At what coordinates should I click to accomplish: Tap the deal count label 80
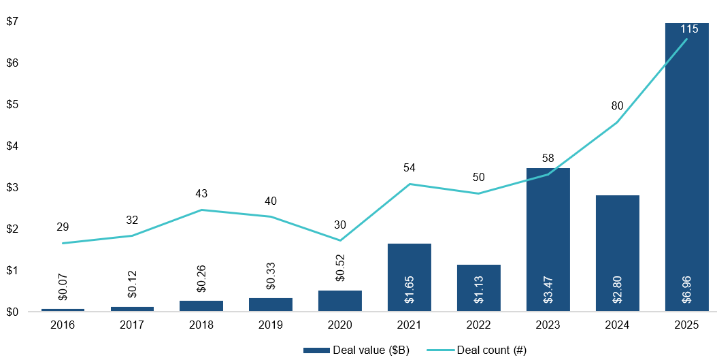(x=617, y=105)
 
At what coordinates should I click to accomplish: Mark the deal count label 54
(x=409, y=167)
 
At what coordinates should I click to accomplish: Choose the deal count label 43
(x=201, y=194)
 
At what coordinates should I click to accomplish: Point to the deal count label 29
(x=63, y=227)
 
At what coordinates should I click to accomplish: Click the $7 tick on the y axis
(x=12, y=21)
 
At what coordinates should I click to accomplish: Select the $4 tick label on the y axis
(x=12, y=146)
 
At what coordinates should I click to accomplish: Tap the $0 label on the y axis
(x=12, y=312)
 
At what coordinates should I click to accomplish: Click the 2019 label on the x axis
(x=271, y=325)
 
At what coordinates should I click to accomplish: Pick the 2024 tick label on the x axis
(x=617, y=325)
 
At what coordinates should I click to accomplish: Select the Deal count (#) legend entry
(x=476, y=350)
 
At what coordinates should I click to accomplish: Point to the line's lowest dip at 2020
(x=340, y=240)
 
